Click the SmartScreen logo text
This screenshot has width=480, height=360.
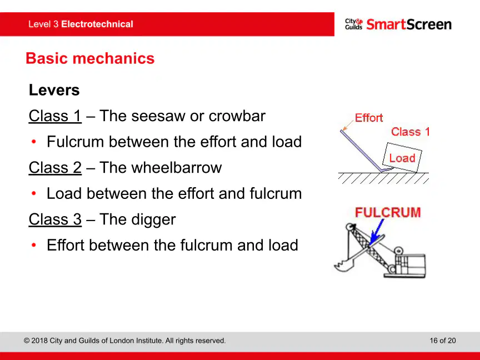pos(409,24)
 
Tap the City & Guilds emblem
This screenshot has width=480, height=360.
pos(354,24)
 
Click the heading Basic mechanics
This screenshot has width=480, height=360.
pos(90,58)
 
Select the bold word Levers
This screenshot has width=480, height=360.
pos(54,90)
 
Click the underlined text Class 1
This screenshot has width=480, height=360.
pos(55,116)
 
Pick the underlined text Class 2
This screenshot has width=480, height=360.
pos(55,168)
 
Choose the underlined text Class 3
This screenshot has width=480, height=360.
pos(55,219)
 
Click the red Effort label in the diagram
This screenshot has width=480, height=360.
pos(368,118)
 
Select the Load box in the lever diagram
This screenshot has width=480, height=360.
pos(402,157)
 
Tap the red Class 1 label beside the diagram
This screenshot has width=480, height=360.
pos(410,132)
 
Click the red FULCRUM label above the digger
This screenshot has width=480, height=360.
pos(388,212)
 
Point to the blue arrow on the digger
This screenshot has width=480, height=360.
pos(377,232)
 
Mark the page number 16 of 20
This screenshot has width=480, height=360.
pos(443,341)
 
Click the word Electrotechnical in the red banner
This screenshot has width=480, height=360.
pos(97,24)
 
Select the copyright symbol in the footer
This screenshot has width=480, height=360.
pos(27,341)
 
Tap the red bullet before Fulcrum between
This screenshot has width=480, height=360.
pos(34,142)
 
